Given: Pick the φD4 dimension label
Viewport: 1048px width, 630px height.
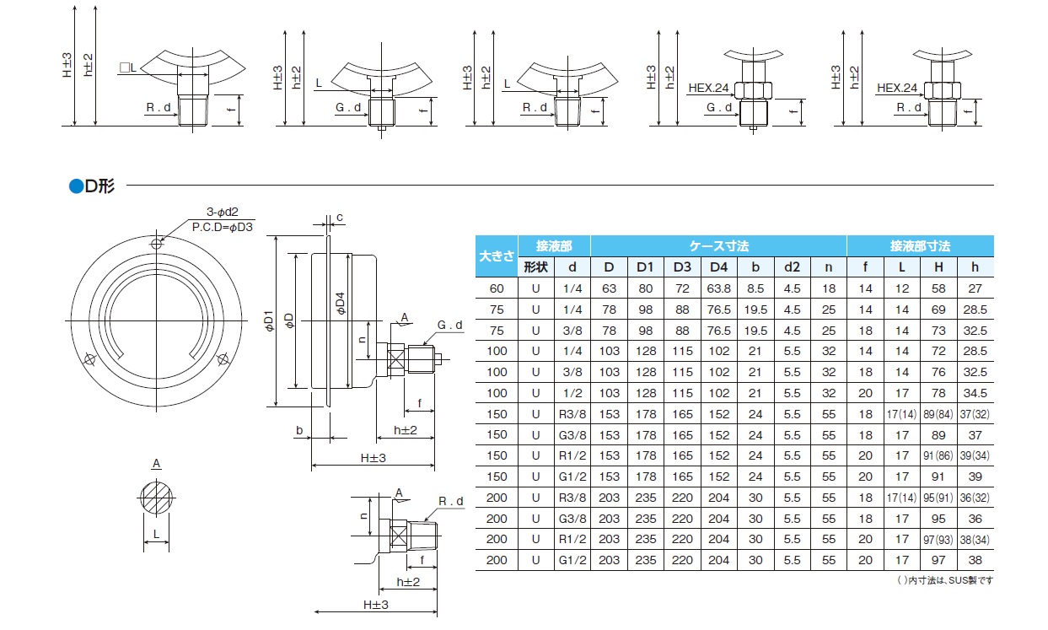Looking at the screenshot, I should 340,304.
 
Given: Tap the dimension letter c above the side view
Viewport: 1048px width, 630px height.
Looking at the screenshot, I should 339,218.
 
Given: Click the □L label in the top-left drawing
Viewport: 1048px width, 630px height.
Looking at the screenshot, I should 127,67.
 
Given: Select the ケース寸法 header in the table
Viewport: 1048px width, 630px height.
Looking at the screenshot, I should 718,246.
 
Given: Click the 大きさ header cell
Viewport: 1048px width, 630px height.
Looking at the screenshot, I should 497,256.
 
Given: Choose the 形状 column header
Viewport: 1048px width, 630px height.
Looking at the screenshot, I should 535,267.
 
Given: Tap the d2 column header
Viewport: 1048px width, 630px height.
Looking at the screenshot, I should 792,267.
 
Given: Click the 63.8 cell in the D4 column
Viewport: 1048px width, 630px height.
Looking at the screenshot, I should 718,288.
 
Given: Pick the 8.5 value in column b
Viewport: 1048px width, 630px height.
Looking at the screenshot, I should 755,288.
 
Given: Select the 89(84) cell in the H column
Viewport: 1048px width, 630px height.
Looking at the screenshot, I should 938,414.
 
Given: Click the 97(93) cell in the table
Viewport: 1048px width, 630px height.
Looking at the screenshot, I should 938,539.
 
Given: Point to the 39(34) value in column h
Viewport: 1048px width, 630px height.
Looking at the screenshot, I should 975,455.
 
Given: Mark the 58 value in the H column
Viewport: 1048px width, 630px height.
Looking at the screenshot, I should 938,288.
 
